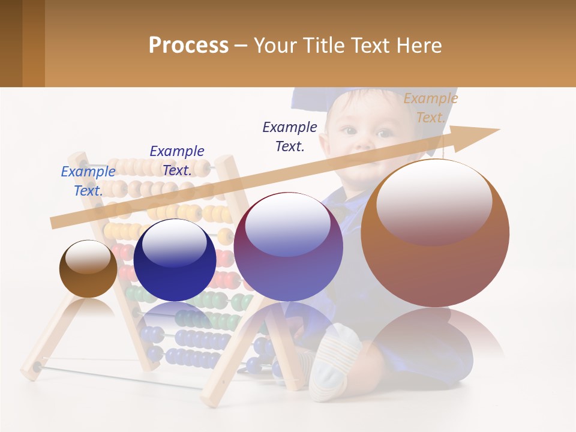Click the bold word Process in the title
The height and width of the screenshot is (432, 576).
[x=188, y=46]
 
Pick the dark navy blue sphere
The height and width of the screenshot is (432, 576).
[x=175, y=260]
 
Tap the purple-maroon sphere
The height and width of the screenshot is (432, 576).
[x=288, y=247]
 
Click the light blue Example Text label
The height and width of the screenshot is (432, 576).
[x=88, y=181]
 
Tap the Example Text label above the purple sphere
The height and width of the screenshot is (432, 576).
[x=290, y=136]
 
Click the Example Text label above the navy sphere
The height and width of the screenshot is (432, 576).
[x=177, y=160]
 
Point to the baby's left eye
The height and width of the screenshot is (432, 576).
[x=384, y=133]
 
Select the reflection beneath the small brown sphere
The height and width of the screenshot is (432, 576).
[x=88, y=308]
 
